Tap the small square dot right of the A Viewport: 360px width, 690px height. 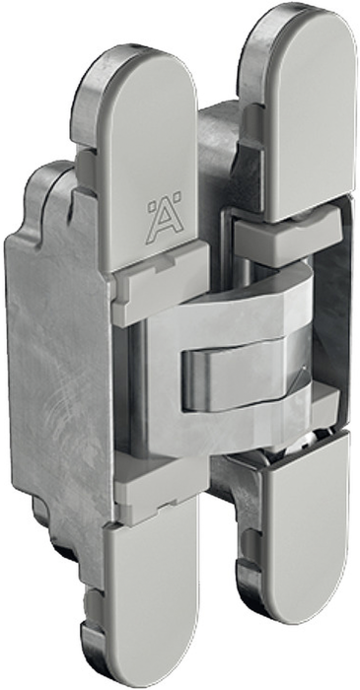tap(179, 196)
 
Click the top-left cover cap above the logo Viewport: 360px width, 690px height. tap(147, 159)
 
